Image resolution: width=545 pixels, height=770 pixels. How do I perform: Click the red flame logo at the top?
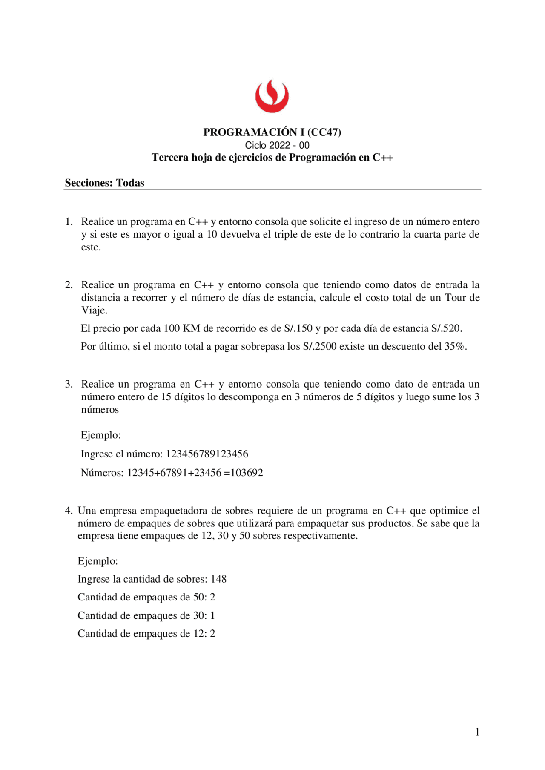pyautogui.click(x=272, y=97)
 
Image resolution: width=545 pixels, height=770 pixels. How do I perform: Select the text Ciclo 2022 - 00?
pyautogui.click(x=277, y=145)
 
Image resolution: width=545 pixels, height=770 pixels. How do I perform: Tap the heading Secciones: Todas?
pyautogui.click(x=104, y=183)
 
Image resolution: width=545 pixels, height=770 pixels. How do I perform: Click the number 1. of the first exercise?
pyautogui.click(x=69, y=221)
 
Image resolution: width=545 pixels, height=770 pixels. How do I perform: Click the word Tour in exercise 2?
pyautogui.click(x=456, y=297)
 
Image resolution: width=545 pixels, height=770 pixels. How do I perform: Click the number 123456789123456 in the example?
pyautogui.click(x=207, y=454)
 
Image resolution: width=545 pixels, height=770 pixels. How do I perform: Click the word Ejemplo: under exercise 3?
pyautogui.click(x=101, y=435)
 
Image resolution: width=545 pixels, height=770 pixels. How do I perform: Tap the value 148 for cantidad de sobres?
pyautogui.click(x=218, y=579)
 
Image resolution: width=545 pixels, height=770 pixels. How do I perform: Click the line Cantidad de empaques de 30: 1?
pyautogui.click(x=146, y=615)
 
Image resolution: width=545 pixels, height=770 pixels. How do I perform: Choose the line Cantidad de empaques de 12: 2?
pyautogui.click(x=146, y=634)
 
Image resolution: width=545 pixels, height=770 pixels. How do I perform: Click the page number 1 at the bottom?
pyautogui.click(x=477, y=732)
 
